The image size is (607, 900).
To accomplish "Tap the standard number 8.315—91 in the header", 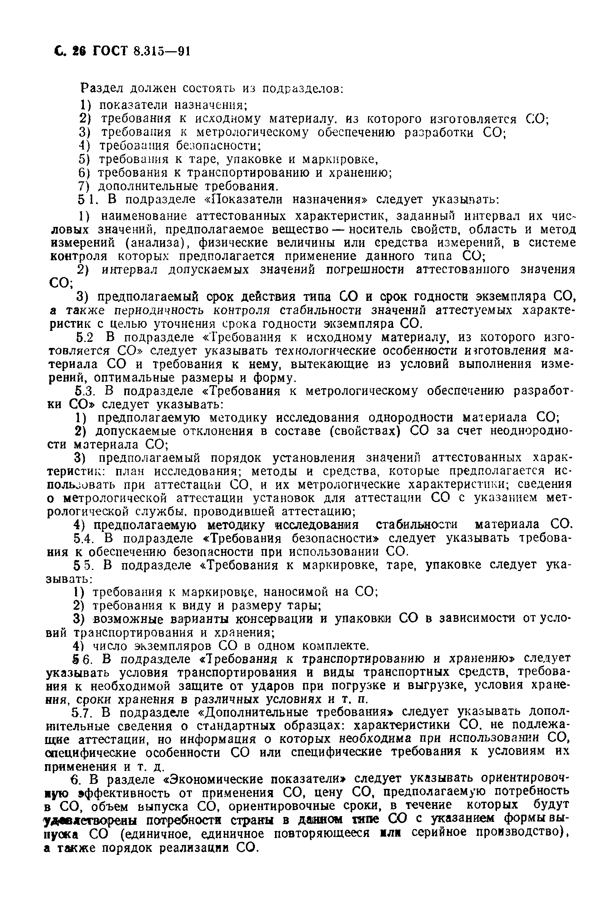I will point(162,51).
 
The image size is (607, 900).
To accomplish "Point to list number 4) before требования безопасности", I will point(83,146).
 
